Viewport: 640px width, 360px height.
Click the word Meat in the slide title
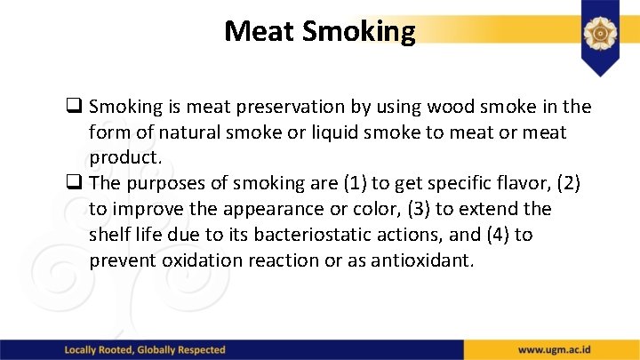tap(260, 31)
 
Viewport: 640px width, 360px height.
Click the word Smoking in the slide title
tap(358, 32)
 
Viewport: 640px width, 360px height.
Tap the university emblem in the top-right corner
tap(601, 33)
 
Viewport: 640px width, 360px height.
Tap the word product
tap(124, 157)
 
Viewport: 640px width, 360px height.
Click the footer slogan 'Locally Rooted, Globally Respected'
tap(145, 350)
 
